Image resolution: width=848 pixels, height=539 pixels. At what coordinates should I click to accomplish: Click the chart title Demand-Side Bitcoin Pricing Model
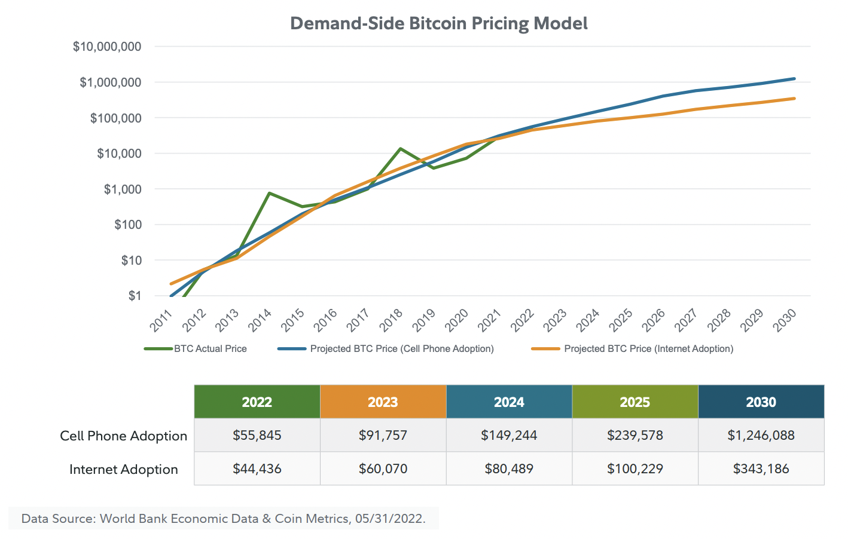click(x=438, y=23)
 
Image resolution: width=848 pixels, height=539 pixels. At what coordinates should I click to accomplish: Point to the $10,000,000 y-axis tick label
click(x=107, y=47)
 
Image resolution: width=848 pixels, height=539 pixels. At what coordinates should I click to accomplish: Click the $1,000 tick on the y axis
click(x=123, y=189)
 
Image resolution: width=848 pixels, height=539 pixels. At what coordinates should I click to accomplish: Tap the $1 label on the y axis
click(x=135, y=296)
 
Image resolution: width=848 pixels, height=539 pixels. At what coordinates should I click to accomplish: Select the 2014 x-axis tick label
click(x=260, y=320)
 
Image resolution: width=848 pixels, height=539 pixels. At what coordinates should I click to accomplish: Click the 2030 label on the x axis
click(x=784, y=320)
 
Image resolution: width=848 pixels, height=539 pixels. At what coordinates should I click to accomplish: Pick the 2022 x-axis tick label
click(x=522, y=320)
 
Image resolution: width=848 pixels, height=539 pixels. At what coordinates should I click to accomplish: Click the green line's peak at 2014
click(x=269, y=193)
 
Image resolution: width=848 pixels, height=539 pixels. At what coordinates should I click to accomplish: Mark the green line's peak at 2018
click(x=400, y=148)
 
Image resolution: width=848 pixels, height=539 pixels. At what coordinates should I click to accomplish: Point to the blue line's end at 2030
click(x=794, y=78)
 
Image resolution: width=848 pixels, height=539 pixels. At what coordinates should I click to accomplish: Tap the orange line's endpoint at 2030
click(x=794, y=98)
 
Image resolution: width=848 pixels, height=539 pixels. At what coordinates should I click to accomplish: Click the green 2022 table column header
click(x=257, y=402)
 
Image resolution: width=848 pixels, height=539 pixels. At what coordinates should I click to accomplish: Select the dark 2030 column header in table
click(x=761, y=402)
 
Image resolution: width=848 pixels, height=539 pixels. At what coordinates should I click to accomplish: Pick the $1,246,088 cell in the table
click(x=761, y=435)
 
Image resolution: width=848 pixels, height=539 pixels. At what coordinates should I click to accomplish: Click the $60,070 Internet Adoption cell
click(x=383, y=468)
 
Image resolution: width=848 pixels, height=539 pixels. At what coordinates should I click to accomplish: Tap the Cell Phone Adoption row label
click(x=123, y=436)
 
